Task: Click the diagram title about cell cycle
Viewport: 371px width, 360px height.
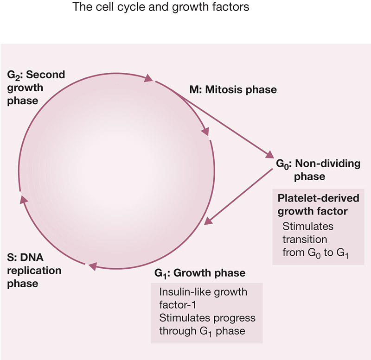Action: tap(161, 6)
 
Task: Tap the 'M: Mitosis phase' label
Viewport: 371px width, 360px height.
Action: tap(233, 90)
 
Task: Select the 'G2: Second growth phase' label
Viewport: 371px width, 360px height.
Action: tap(36, 88)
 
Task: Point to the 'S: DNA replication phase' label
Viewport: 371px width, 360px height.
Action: tap(34, 271)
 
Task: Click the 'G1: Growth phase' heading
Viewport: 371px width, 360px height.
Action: tap(200, 273)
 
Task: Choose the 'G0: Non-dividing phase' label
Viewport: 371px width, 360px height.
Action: tap(318, 170)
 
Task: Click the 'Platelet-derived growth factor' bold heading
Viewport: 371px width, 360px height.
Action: tap(318, 205)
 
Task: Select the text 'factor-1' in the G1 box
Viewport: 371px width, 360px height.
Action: tap(178, 305)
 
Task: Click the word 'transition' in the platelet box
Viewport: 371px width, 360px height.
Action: tap(305, 240)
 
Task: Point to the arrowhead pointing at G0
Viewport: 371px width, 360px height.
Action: tap(270, 155)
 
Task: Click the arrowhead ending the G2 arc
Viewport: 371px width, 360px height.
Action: tap(148, 78)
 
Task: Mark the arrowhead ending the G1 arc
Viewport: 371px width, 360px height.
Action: tap(93, 266)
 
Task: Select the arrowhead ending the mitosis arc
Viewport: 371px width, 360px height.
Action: tap(205, 132)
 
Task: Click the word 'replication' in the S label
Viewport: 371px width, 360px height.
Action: tap(34, 271)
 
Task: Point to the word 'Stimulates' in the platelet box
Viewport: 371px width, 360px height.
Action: tap(308, 227)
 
